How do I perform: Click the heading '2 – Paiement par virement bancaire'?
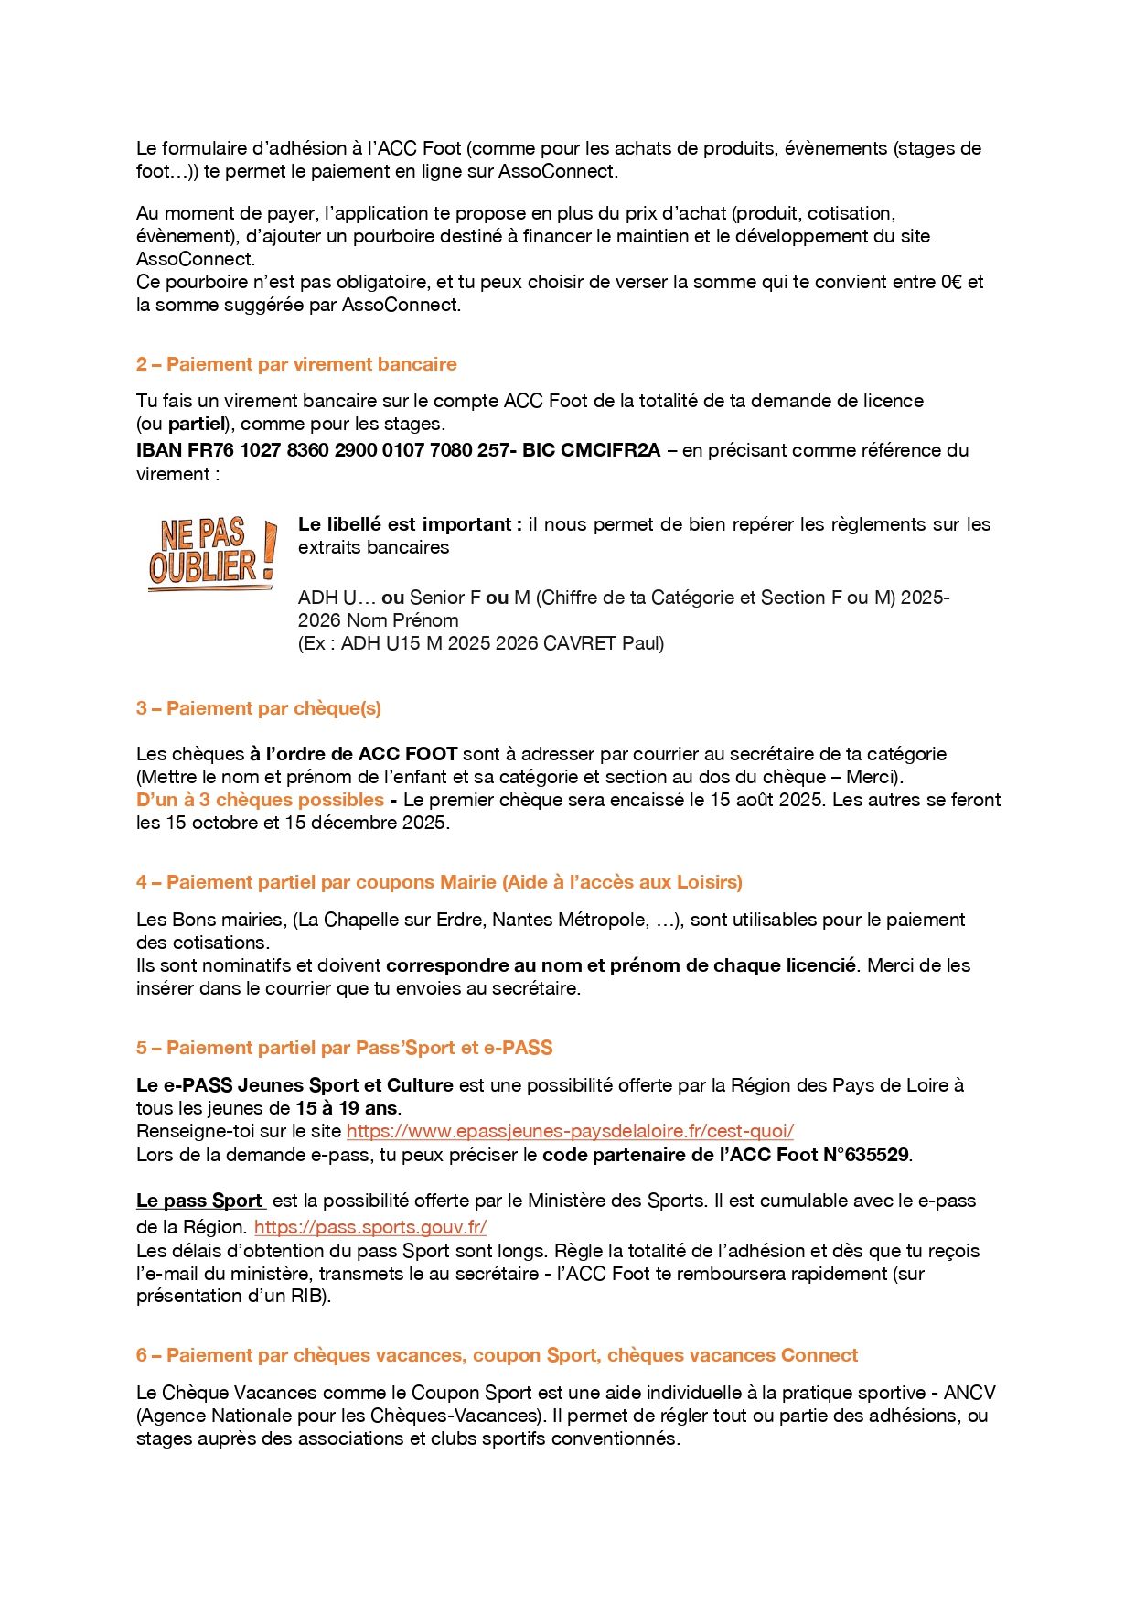click(296, 364)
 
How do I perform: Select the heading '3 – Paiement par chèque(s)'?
click(259, 708)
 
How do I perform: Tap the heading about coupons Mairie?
click(439, 882)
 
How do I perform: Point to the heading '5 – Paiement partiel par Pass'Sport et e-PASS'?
click(345, 1048)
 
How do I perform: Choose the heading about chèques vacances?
click(498, 1355)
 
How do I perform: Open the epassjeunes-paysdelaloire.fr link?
click(570, 1131)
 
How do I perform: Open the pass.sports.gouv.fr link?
click(370, 1227)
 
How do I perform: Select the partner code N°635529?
click(866, 1155)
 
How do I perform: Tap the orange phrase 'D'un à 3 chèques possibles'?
click(260, 800)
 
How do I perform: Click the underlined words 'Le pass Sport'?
click(199, 1201)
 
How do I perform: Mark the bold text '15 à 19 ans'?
click(347, 1108)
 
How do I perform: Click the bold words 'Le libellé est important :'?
click(410, 524)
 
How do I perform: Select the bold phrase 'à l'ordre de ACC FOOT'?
click(353, 754)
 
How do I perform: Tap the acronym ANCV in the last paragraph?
click(969, 1393)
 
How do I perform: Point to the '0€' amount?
click(950, 282)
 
